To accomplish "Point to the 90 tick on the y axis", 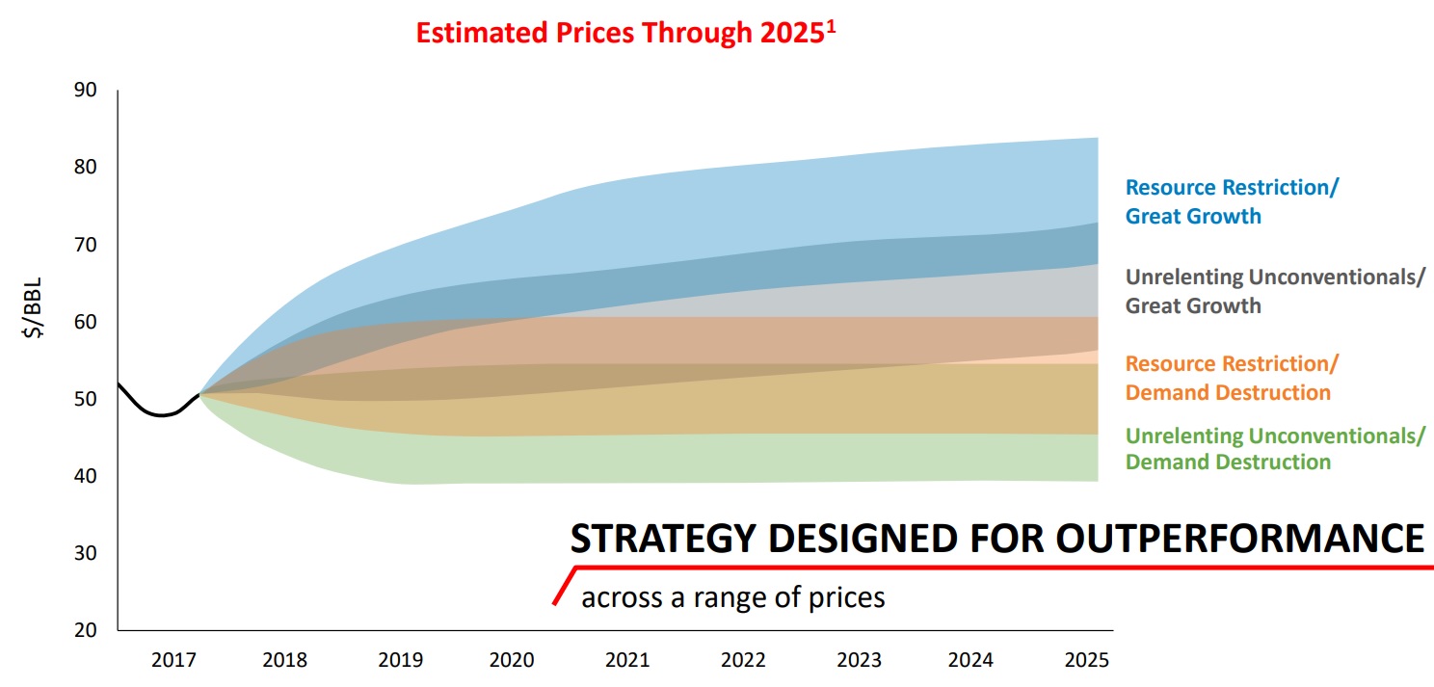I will [x=85, y=91].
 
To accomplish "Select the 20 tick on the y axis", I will [x=85, y=630].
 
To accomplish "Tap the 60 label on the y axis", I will [x=85, y=322].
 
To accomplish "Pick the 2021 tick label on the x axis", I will [x=627, y=661].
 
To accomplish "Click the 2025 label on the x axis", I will [x=1086, y=661].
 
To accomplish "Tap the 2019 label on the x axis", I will [x=400, y=661].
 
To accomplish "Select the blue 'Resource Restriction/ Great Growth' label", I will [x=1231, y=201].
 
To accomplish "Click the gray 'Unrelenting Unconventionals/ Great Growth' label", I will [x=1274, y=291].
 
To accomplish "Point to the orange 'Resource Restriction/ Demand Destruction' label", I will [x=1231, y=378].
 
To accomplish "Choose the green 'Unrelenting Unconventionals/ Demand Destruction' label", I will [x=1274, y=448].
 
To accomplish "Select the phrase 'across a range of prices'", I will [x=732, y=597].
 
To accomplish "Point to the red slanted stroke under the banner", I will [x=563, y=588].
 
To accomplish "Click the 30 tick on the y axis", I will [x=85, y=553].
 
